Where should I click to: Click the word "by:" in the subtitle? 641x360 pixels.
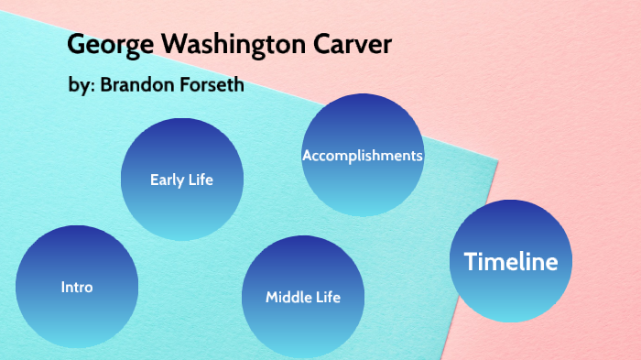(x=82, y=88)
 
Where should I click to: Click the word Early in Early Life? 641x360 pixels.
(x=168, y=180)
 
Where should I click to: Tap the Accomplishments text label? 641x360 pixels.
(x=363, y=156)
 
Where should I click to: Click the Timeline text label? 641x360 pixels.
(x=511, y=262)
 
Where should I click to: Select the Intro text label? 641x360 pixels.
(x=77, y=287)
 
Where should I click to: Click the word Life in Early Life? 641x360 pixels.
(x=200, y=180)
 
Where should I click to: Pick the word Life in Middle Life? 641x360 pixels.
(x=327, y=297)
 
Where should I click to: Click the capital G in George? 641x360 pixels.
(x=77, y=46)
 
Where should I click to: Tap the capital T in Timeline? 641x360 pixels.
(x=471, y=262)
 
